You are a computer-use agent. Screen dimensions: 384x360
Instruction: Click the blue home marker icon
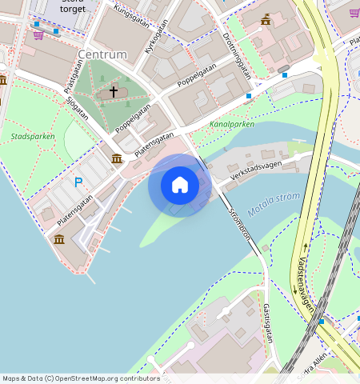click(x=180, y=185)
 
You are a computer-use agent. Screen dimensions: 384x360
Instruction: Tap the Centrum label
click(x=102, y=54)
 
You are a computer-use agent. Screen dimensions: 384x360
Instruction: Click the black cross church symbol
click(x=113, y=92)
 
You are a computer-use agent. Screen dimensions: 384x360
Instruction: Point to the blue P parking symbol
click(x=78, y=182)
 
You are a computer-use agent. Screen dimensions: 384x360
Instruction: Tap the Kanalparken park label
click(x=231, y=125)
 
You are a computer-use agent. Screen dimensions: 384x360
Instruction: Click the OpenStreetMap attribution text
click(x=81, y=378)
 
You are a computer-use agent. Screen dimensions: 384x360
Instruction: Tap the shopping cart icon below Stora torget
click(x=38, y=34)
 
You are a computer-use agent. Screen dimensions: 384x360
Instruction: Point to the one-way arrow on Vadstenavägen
click(x=306, y=246)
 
